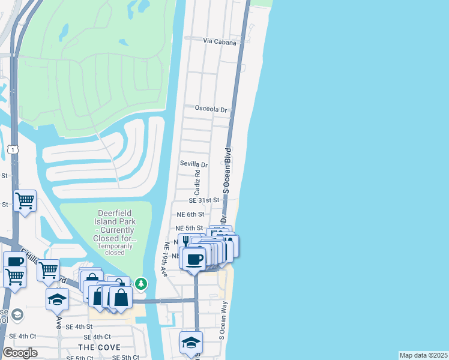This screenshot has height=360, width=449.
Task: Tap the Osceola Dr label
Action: (212, 110)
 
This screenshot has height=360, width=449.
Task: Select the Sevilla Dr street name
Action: (193, 164)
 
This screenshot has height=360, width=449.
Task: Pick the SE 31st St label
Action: (204, 200)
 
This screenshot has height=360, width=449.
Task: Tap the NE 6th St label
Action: (190, 214)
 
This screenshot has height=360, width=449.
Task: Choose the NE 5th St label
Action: (189, 228)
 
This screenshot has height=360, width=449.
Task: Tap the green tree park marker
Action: (140, 282)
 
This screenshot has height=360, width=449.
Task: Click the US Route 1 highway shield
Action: (13, 148)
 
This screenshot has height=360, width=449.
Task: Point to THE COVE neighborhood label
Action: (99, 347)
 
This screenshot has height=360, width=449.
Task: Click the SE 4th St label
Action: (79, 326)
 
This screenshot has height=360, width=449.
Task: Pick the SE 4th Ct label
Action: (97, 337)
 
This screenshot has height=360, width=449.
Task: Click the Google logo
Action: (20, 353)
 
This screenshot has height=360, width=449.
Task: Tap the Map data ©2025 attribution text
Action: (423, 355)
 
